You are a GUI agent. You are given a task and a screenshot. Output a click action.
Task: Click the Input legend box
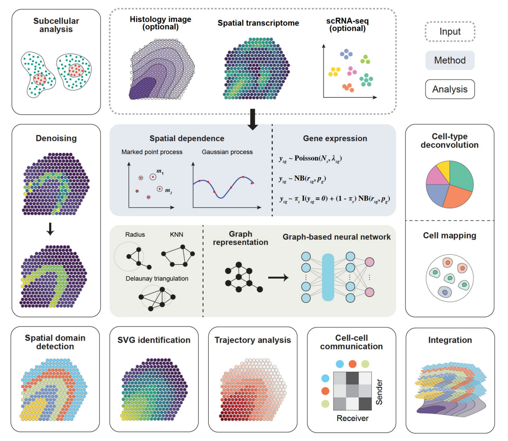450,32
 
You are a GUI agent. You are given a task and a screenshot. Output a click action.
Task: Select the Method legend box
450,60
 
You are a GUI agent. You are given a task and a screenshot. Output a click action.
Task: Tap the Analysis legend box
450,89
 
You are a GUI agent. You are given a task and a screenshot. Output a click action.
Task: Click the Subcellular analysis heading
56,25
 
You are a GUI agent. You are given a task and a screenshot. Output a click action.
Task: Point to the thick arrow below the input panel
253,120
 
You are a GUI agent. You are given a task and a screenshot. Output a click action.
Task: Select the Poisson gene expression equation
310,158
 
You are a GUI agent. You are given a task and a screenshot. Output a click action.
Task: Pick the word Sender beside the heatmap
379,392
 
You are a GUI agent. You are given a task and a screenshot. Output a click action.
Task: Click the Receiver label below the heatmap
353,418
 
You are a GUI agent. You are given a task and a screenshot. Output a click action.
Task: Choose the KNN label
177,235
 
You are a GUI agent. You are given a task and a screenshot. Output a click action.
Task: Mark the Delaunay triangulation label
157,279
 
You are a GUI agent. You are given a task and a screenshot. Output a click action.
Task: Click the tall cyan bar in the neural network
328,277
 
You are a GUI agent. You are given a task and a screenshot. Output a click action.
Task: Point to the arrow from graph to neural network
278,278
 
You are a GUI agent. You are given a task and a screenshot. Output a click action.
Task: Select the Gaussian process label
227,152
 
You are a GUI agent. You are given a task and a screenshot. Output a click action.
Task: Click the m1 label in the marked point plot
160,172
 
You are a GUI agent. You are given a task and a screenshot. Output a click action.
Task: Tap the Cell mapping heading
450,236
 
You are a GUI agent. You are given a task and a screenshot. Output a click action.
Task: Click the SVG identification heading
154,340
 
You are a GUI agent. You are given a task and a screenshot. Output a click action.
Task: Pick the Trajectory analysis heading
253,340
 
